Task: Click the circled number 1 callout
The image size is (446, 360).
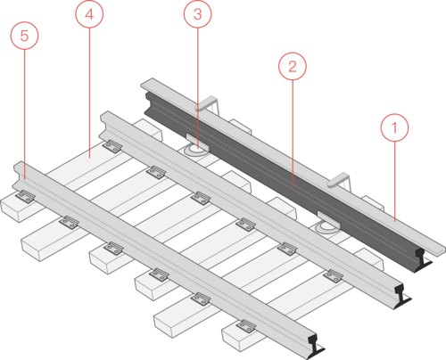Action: click(394, 127)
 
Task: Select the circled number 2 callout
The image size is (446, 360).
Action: click(293, 66)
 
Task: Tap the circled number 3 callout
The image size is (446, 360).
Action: click(198, 14)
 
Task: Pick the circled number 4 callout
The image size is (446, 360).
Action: click(89, 14)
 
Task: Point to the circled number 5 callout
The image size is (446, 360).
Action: click(25, 36)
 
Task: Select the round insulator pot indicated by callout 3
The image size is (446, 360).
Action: click(195, 150)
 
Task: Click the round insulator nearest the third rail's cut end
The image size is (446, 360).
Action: click(326, 227)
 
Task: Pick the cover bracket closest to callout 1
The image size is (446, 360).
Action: click(339, 180)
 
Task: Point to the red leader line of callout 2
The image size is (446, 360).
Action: click(293, 134)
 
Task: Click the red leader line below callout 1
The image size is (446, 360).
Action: click(395, 181)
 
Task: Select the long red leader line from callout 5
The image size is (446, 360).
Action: click(25, 114)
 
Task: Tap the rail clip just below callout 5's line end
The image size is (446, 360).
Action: click(25, 196)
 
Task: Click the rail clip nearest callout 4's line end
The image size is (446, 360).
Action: click(112, 146)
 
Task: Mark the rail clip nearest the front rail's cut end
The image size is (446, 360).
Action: click(246, 326)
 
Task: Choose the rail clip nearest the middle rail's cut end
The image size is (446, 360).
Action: click(334, 276)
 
